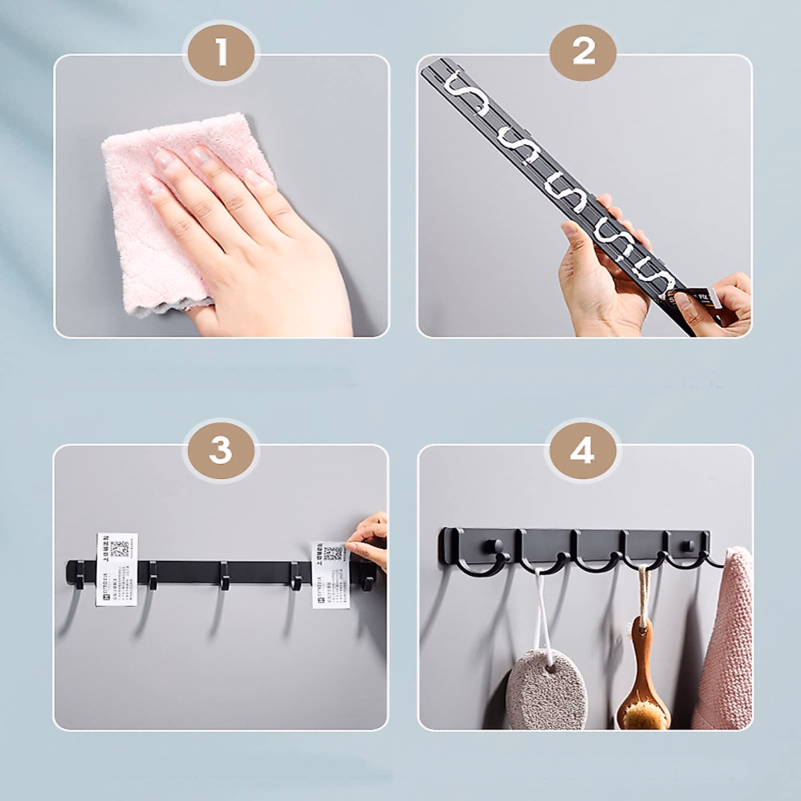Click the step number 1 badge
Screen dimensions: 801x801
tap(221, 53)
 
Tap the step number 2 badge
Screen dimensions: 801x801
tap(583, 51)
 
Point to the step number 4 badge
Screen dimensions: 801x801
tap(582, 451)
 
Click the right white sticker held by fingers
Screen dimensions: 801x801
tap(332, 574)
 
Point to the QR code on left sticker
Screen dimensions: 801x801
tap(120, 549)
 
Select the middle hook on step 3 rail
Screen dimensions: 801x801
tap(224, 578)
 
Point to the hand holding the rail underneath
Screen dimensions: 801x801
tap(594, 280)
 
